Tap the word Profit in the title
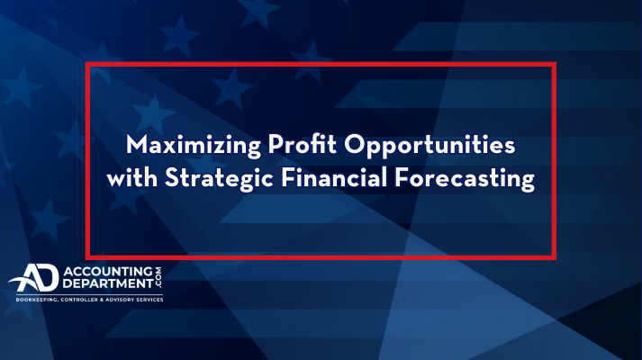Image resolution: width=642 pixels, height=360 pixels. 303,144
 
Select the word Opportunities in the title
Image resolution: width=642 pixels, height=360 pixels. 430,146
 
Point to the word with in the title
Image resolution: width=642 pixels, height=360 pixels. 131,178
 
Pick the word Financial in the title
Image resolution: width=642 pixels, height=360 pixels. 334,177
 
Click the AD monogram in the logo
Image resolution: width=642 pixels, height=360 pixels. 34,278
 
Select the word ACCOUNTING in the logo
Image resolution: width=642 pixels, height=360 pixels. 108,271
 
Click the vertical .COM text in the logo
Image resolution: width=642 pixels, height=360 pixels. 158,278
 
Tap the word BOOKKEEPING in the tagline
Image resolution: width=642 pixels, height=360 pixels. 37,300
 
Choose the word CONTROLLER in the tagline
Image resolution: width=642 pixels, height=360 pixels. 79,300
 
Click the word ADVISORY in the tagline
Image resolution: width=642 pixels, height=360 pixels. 120,300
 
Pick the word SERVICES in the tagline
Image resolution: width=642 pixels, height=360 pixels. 149,300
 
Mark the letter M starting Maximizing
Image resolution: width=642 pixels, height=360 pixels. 136,144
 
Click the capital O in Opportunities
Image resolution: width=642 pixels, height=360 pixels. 354,144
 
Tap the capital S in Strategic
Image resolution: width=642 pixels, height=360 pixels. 171,178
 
